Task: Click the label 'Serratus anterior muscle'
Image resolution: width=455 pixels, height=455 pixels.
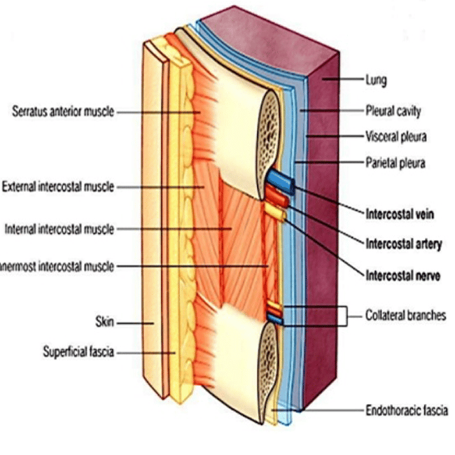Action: [63, 111]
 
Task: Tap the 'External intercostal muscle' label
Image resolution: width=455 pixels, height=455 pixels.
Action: [58, 187]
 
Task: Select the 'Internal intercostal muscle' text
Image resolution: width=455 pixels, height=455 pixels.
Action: [59, 229]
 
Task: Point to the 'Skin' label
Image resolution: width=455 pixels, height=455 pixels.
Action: [105, 322]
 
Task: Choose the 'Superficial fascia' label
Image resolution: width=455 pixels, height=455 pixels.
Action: [78, 351]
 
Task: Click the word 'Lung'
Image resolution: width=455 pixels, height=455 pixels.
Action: [376, 80]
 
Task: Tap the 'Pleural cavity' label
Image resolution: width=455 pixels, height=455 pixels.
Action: [393, 111]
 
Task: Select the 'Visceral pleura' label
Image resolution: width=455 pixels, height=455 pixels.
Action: [396, 136]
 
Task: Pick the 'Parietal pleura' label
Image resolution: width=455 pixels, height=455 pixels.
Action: [395, 163]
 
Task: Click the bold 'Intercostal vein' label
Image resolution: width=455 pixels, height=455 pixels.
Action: [400, 214]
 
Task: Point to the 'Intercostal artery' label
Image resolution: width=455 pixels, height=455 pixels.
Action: [404, 244]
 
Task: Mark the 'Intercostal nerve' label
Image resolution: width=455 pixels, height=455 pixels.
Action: [402, 275]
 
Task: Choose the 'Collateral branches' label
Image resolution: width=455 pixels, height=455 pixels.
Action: [406, 316]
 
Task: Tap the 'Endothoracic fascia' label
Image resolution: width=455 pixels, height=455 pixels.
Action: [407, 411]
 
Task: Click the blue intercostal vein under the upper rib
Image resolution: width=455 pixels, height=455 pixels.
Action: [281, 182]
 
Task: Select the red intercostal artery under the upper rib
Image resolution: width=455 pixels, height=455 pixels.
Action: [277, 197]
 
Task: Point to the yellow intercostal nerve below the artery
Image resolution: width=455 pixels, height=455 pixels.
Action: [275, 211]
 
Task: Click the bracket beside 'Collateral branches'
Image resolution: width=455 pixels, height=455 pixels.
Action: [346, 316]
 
